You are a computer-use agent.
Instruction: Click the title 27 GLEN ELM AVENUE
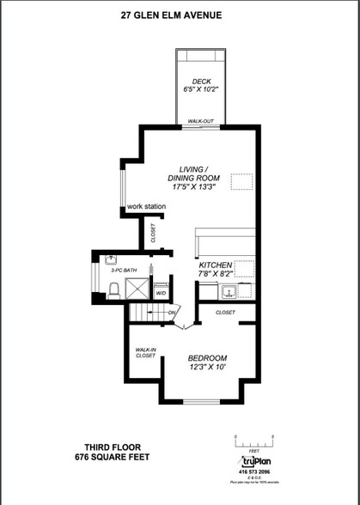(x=180, y=15)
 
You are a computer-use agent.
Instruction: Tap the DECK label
(x=202, y=81)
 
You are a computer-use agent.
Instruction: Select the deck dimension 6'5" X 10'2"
(x=202, y=89)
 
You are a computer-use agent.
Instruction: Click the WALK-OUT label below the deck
(x=201, y=123)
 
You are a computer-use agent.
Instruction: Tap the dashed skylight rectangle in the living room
(x=243, y=180)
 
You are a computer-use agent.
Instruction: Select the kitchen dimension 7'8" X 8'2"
(x=217, y=275)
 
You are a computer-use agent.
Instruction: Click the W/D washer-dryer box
(x=160, y=293)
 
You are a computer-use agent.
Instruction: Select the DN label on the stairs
(x=173, y=312)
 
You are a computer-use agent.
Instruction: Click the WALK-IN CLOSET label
(x=144, y=353)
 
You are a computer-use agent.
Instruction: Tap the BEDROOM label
(x=208, y=358)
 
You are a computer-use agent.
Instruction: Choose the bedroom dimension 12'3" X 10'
(x=208, y=368)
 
